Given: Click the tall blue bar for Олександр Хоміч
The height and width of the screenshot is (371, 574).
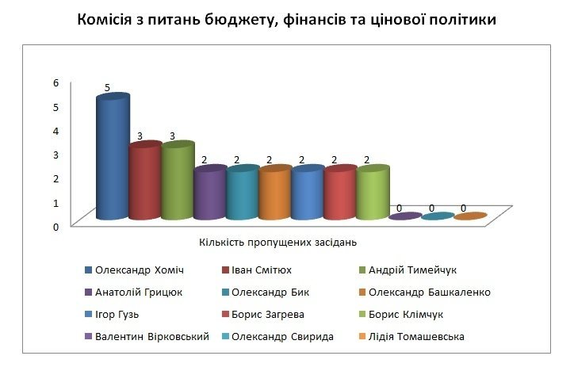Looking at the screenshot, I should point(113,159).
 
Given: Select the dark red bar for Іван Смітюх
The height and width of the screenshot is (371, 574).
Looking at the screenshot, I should point(145,183).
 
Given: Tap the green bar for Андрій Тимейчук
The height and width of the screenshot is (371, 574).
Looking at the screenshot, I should point(178,183).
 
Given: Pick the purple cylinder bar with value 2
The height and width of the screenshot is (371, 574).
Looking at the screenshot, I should point(210,194).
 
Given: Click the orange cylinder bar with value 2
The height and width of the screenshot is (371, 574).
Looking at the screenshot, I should point(275,194).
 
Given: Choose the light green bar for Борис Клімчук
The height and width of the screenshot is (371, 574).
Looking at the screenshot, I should point(373,194).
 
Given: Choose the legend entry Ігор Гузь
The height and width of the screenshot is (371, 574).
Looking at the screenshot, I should point(117,314).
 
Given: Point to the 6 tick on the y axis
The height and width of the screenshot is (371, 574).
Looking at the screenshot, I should point(56,82).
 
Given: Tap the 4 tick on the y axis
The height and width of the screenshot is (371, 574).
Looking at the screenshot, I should point(56,130).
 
